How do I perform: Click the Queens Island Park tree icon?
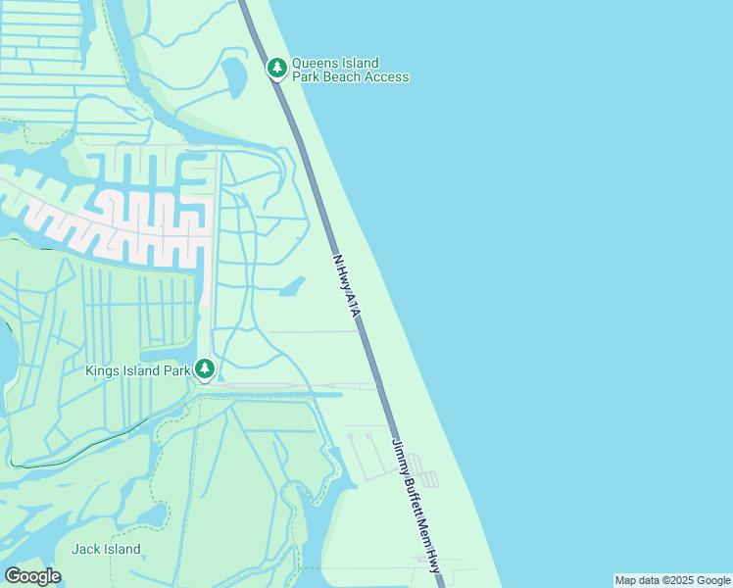tap(277, 68)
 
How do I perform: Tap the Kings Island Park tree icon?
tap(205, 368)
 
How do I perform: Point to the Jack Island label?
tap(105, 549)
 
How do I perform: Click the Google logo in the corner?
tap(32, 576)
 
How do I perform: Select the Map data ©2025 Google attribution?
tap(672, 580)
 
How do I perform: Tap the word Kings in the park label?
tap(104, 370)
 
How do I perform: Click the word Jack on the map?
tap(85, 549)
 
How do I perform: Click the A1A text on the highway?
tap(355, 309)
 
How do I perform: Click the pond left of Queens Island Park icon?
tap(235, 75)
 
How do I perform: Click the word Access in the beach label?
tap(389, 76)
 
